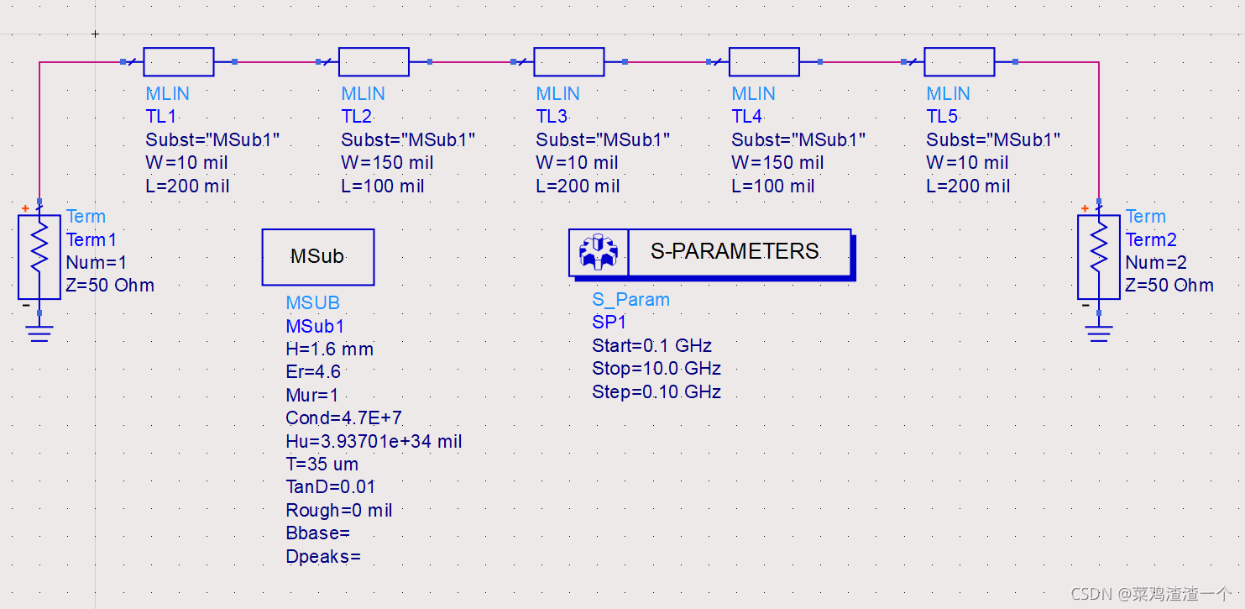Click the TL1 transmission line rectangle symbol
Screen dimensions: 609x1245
click(179, 62)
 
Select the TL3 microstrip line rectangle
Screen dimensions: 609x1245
click(568, 62)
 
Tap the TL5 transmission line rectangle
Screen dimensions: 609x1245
click(959, 62)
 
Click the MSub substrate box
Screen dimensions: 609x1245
click(318, 257)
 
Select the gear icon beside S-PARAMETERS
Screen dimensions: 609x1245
click(599, 252)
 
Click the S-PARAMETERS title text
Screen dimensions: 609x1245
click(735, 251)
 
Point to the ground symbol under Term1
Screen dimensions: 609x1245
click(39, 333)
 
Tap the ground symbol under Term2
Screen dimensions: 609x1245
click(1098, 333)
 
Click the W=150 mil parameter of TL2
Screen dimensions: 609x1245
click(387, 163)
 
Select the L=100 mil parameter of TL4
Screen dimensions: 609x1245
click(772, 186)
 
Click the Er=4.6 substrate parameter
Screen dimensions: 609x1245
click(313, 372)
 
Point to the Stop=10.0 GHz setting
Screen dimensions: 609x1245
click(657, 369)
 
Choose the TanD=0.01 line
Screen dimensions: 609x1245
click(331, 487)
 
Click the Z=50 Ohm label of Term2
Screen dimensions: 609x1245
click(1169, 286)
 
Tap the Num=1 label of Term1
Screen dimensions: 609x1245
click(97, 263)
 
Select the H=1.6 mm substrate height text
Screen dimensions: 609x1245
click(329, 349)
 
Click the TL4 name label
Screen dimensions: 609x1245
click(746, 117)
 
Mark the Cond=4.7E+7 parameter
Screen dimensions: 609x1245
click(344, 418)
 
